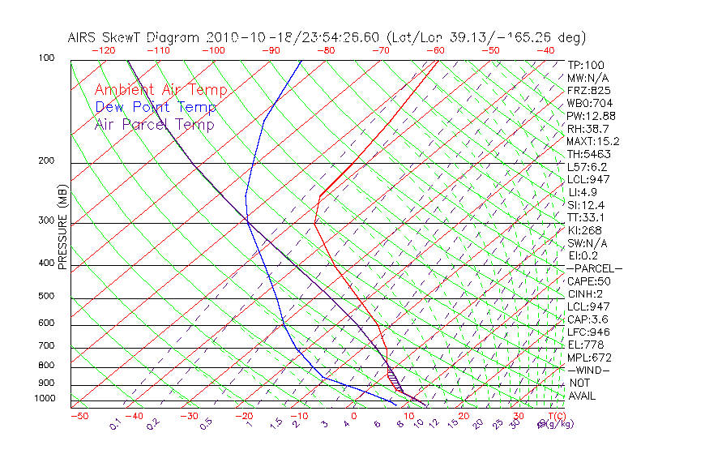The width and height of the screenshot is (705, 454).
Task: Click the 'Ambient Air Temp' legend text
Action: click(x=160, y=90)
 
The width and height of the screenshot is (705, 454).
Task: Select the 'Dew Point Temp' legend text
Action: click(x=156, y=107)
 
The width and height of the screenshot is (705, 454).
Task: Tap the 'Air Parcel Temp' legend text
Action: click(x=154, y=124)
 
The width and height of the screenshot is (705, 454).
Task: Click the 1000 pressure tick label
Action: click(x=46, y=399)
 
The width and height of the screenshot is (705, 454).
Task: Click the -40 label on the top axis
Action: click(x=545, y=50)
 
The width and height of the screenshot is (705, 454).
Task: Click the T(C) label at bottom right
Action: click(x=555, y=416)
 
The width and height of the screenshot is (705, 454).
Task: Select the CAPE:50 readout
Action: click(x=588, y=281)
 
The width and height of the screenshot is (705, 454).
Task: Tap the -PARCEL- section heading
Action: click(x=594, y=268)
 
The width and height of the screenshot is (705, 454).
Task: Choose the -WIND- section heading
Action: click(x=588, y=370)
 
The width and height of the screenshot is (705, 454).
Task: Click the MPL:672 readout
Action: click(x=588, y=358)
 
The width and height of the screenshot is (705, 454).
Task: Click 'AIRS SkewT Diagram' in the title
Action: click(x=134, y=37)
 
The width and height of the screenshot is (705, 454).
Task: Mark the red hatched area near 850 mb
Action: click(x=394, y=377)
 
